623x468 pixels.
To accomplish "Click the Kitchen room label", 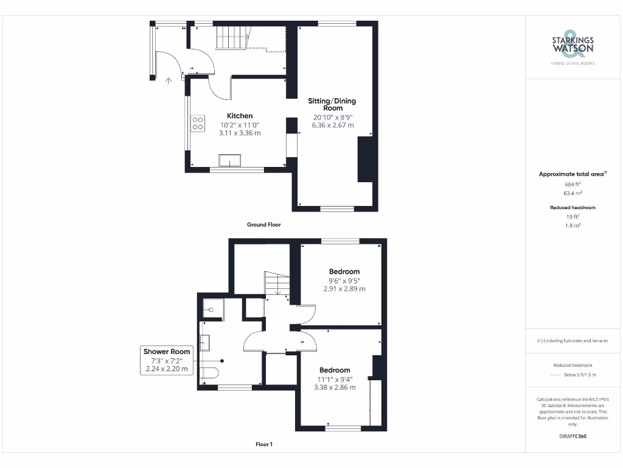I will click(x=240, y=116).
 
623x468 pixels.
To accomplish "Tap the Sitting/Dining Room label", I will click(x=332, y=104).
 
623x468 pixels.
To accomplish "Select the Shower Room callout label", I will click(x=167, y=352).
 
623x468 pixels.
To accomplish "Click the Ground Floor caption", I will click(x=263, y=225).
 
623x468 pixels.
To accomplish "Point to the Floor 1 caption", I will click(x=263, y=445).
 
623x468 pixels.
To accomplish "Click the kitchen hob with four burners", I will click(x=198, y=123).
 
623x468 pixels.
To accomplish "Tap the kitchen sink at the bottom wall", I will click(x=230, y=160).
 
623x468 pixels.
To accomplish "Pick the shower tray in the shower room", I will click(x=212, y=310).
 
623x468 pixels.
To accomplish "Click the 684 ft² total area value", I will click(x=573, y=183).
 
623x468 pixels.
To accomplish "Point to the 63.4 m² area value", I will click(x=573, y=193).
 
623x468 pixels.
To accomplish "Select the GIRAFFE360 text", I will click(x=573, y=436).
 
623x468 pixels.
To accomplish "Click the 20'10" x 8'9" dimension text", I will click(x=333, y=117).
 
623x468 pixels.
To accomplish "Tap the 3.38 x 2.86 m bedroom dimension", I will click(x=335, y=387).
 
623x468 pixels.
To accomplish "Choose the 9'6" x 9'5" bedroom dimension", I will click(x=344, y=281).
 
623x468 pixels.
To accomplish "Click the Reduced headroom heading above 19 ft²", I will click(x=573, y=208).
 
